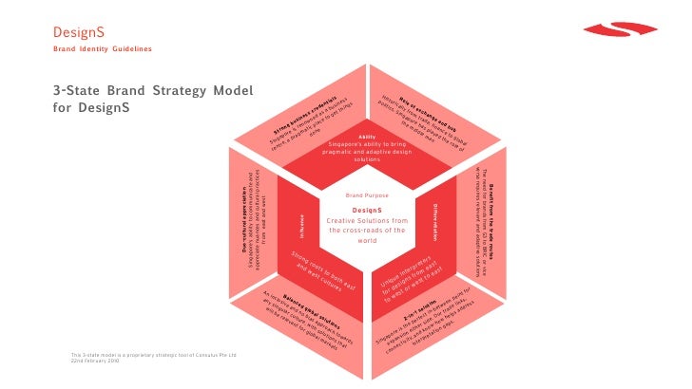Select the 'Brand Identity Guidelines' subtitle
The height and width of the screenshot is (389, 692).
[101, 47]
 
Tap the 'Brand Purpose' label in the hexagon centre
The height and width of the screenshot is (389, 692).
[367, 194]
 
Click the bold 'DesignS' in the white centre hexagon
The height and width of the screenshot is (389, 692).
[367, 209]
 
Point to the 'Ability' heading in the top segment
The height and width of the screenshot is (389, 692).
[367, 137]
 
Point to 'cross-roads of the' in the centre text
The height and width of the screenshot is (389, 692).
[367, 231]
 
